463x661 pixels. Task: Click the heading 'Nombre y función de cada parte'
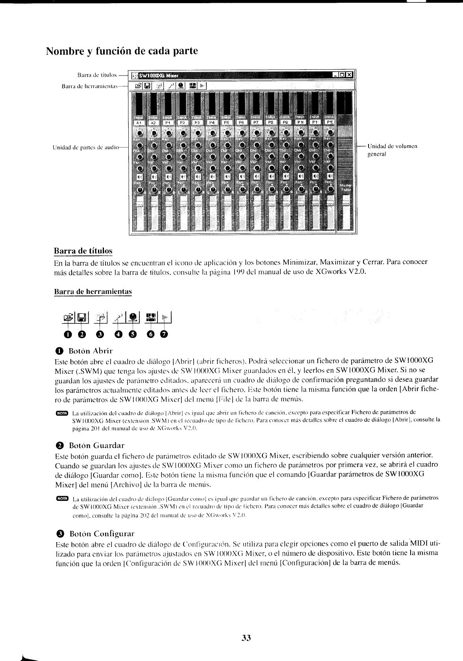pos(122,52)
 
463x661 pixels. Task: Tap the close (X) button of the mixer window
pos(350,75)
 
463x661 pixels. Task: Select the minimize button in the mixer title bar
pos(336,75)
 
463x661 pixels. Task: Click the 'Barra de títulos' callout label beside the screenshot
pos(97,74)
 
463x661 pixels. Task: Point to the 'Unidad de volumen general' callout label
pos(392,150)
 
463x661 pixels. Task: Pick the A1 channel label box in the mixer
pos(139,123)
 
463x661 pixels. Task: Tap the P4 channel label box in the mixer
pos(212,123)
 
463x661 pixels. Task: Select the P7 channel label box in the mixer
pos(256,123)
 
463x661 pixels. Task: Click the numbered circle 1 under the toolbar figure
pos(69,335)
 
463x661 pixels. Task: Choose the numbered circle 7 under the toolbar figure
pos(164,335)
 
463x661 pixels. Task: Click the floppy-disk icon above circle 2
pos(82,317)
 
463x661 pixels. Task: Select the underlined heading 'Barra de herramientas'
pos(93,292)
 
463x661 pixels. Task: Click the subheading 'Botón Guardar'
pos(96,445)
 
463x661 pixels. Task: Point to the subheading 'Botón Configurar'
pos(102,534)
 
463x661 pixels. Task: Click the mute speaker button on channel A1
pos(139,176)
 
